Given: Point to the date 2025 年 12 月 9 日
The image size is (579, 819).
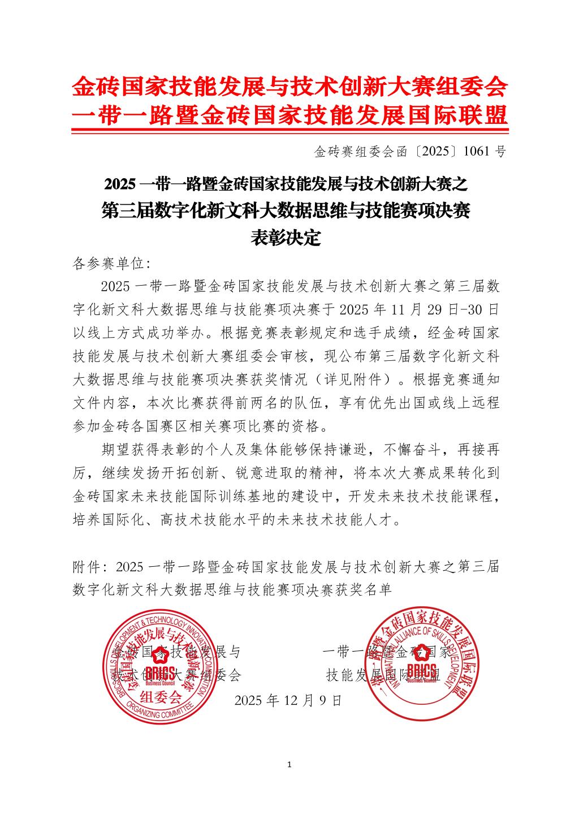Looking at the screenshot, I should (288, 700).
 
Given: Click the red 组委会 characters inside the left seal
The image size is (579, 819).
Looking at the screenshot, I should (161, 696).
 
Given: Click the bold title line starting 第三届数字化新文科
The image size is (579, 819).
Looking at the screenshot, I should (286, 211).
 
